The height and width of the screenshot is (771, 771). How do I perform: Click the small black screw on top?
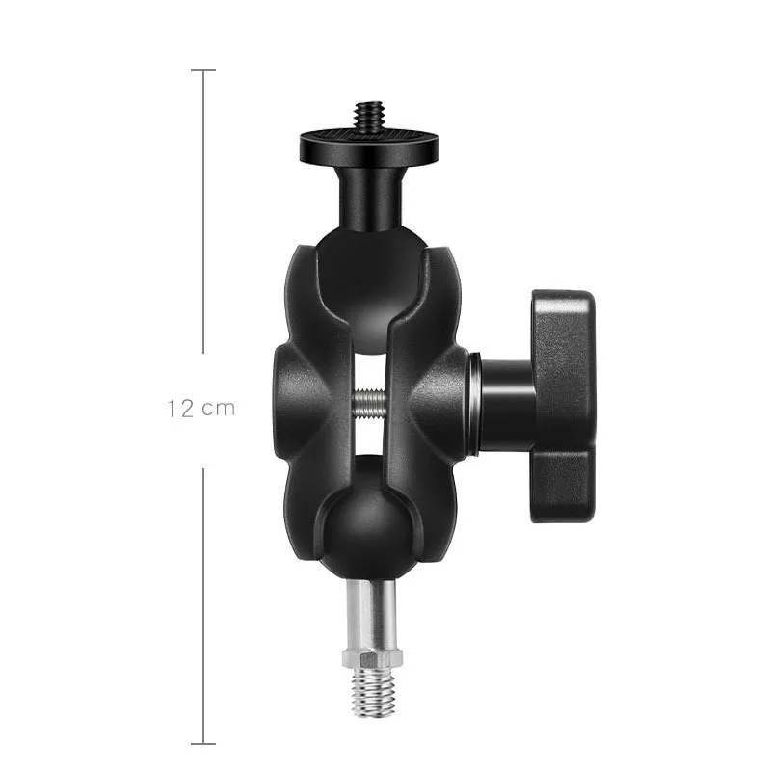(x=369, y=117)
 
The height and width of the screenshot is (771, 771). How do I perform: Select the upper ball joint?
(x=370, y=290)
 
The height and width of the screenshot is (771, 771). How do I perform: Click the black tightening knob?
(x=562, y=406)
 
